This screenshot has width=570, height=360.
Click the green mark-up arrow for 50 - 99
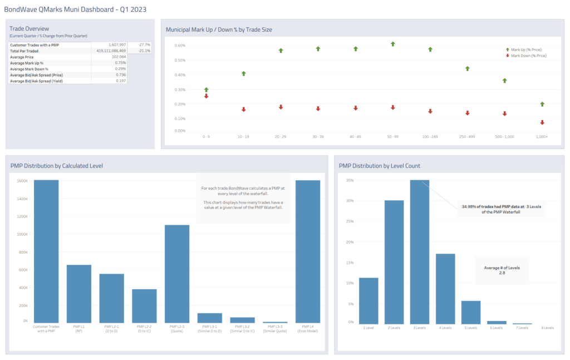pos(393,43)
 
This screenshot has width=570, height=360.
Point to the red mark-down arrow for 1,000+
pos(542,122)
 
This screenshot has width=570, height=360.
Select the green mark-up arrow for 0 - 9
pos(206,90)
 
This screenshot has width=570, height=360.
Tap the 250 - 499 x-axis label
pos(467,136)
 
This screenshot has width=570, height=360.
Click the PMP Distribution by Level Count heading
pos(379,166)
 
